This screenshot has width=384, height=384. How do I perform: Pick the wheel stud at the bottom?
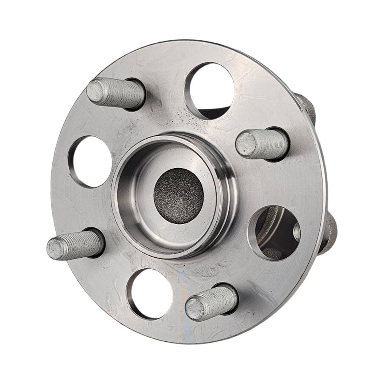pyautogui.click(x=212, y=302)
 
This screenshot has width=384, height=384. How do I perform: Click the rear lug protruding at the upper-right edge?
pyautogui.click(x=307, y=108)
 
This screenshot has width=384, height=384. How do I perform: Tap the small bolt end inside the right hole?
pyautogui.click(x=296, y=232)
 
